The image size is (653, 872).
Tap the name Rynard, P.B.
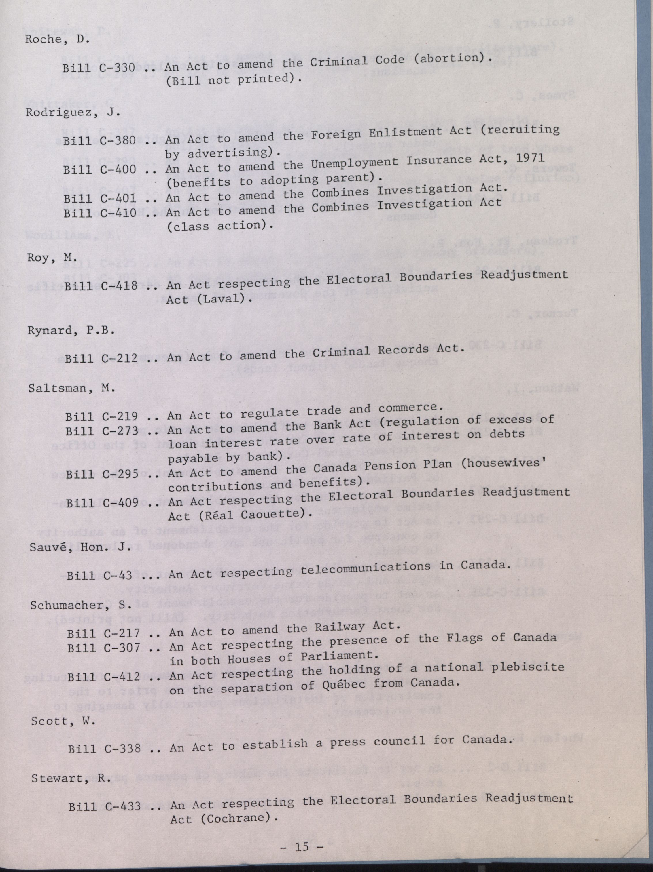tap(70, 331)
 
